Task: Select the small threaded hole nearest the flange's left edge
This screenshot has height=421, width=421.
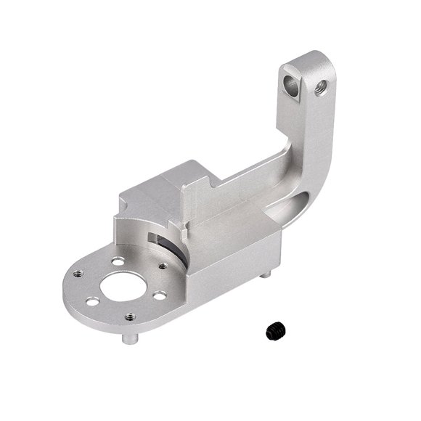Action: [79, 275]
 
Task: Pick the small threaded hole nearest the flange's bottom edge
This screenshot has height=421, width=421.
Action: [129, 316]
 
